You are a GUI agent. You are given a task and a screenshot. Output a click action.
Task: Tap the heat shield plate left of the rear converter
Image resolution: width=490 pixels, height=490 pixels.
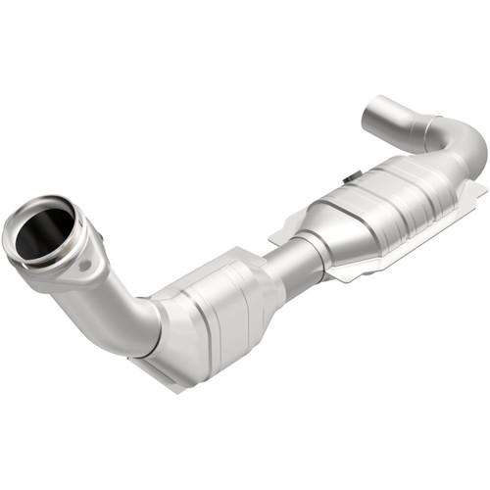coord(284,230)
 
